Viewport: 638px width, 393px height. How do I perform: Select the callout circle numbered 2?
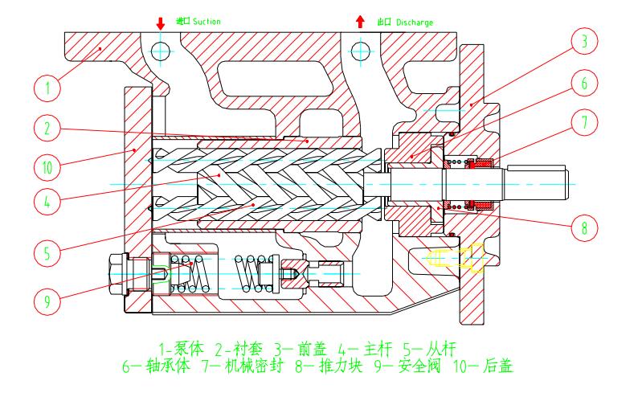click(49, 128)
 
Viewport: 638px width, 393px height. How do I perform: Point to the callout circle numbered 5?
click(49, 252)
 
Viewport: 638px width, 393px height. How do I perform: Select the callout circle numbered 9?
click(49, 302)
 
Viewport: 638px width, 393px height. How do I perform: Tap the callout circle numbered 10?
click(49, 167)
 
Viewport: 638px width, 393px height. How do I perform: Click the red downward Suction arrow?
click(161, 21)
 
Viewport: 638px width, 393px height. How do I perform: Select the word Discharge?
click(413, 22)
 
